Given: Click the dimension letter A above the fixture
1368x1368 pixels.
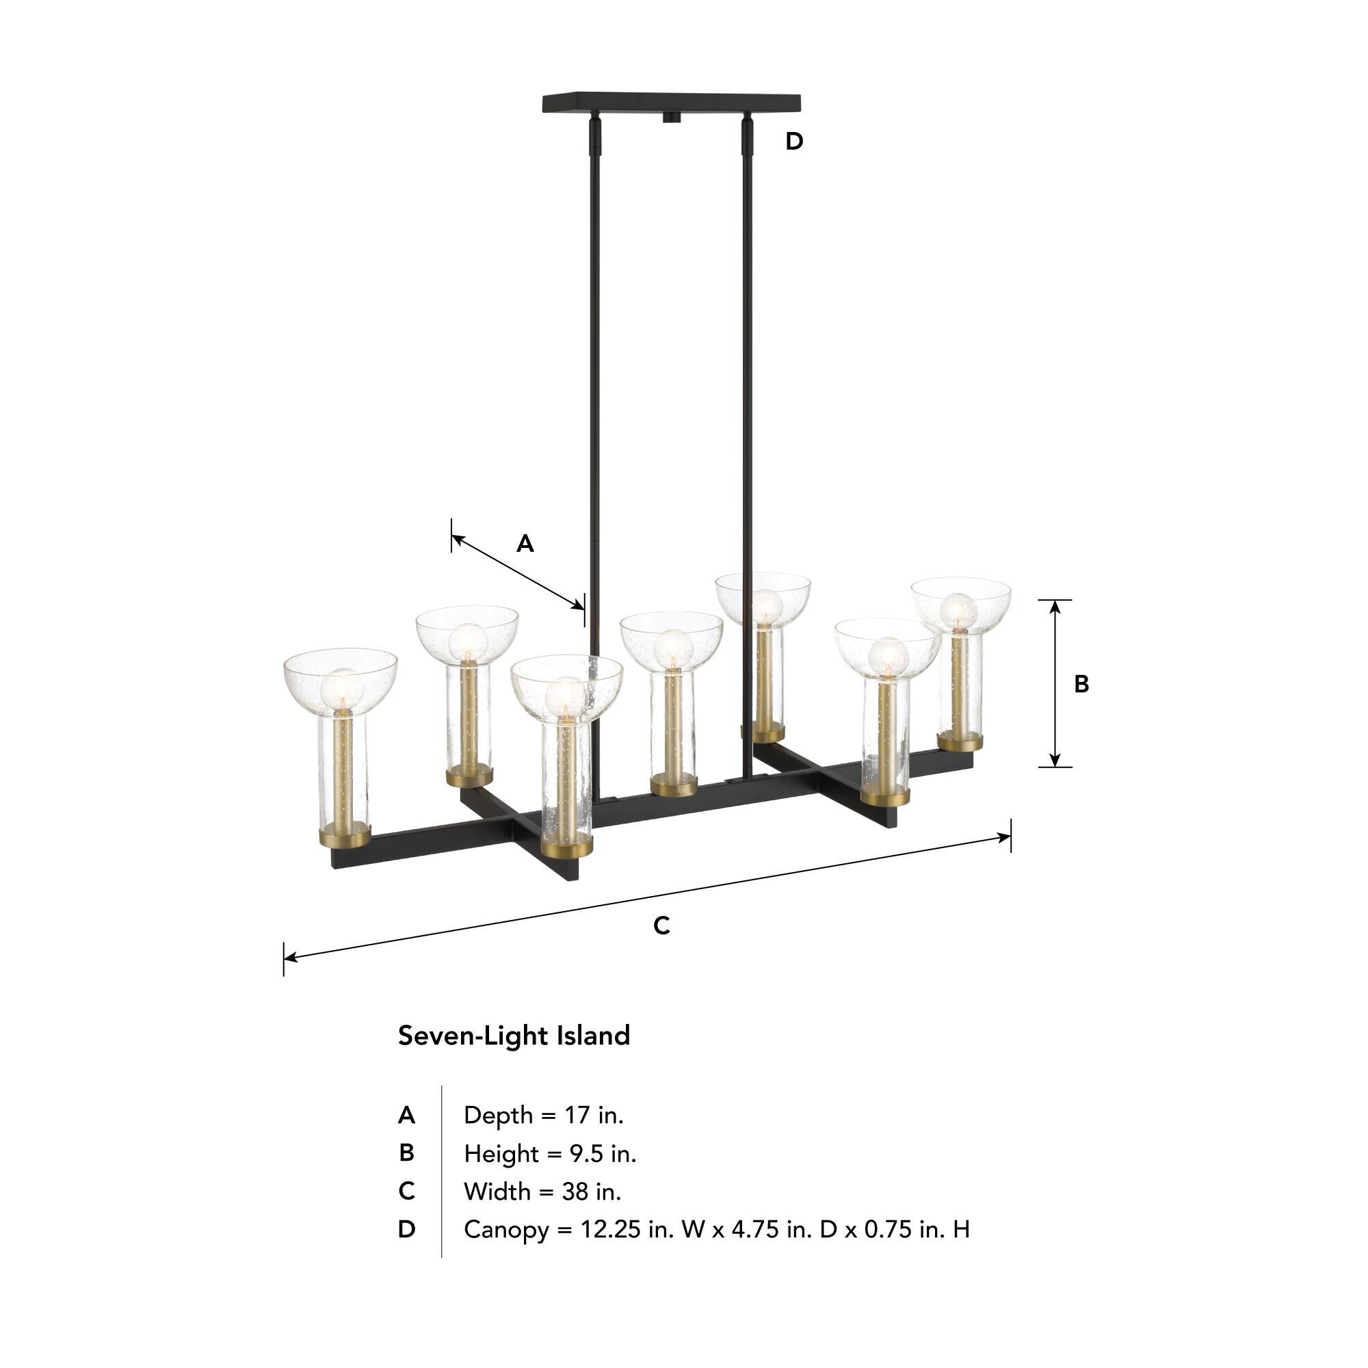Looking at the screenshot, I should [525, 544].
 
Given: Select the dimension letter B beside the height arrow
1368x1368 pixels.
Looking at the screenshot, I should [1081, 684].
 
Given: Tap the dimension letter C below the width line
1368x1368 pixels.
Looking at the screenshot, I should [661, 925].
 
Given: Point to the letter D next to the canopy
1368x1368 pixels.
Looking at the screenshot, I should [793, 142].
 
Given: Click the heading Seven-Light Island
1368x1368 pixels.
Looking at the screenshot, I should [514, 1035].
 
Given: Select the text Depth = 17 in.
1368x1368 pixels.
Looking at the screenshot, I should [543, 1115].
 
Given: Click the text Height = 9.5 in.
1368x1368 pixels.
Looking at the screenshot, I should [549, 1153].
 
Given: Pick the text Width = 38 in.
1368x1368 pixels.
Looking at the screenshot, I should [542, 1192].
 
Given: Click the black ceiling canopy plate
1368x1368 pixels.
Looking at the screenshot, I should [670, 103].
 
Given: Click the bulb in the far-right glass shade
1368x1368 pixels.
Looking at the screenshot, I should [958, 610].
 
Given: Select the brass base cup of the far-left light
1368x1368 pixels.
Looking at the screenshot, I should [343, 839].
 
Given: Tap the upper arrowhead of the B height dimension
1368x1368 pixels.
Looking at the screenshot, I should [1055, 605].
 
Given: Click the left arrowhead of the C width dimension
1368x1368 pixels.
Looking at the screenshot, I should [289, 958].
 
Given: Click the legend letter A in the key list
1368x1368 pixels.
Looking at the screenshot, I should [406, 1115].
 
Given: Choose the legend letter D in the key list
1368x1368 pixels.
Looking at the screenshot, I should [406, 1230].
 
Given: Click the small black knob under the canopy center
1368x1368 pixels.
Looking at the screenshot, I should [670, 118].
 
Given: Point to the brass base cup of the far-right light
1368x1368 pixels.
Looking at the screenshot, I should [960, 742].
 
